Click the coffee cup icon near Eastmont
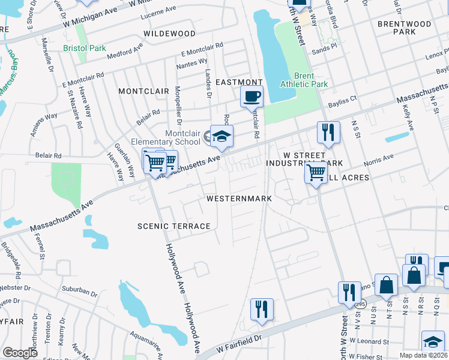pyautogui.click(x=252, y=96)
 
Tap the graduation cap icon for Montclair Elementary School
pyautogui.click(x=221, y=137)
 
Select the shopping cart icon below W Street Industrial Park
pyautogui.click(x=316, y=173)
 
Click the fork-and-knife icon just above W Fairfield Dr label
pyautogui.click(x=262, y=309)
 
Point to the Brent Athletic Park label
pyautogui.click(x=312, y=80)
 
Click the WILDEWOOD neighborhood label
pyautogui.click(x=169, y=34)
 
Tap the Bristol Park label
pyautogui.click(x=85, y=48)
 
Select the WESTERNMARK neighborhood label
pyautogui.click(x=239, y=199)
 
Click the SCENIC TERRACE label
pyautogui.click(x=174, y=226)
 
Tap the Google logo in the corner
pyautogui.click(x=20, y=353)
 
